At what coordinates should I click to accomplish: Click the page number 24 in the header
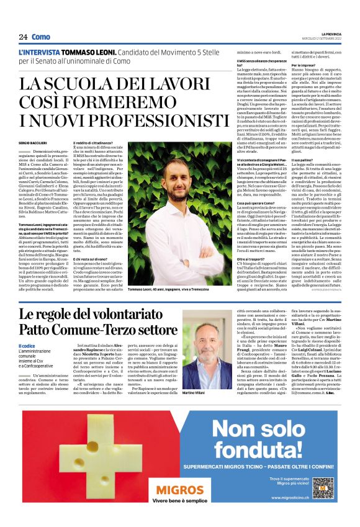(x=23, y=37)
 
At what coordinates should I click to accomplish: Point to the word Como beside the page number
(x=40, y=37)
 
